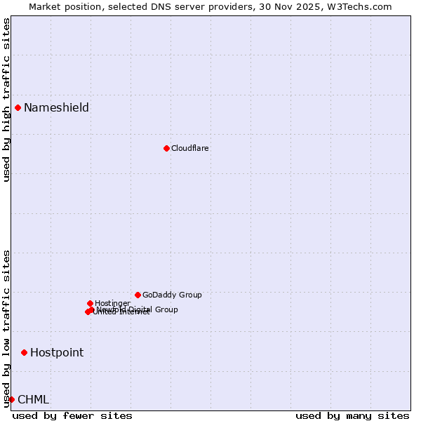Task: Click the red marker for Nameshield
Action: [x=18, y=107]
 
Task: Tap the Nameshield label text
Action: [x=56, y=107]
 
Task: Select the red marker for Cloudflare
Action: [x=166, y=148]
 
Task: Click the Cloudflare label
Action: [x=190, y=148]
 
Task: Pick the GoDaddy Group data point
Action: [x=138, y=295]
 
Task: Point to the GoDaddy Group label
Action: [x=172, y=295]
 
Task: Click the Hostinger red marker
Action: [x=90, y=303]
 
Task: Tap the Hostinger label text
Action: [x=112, y=303]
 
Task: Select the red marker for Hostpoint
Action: [x=24, y=352]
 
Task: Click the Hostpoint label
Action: [x=57, y=352]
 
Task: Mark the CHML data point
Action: [x=11, y=399]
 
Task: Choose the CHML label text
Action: [x=34, y=399]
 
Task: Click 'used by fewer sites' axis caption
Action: [x=72, y=415]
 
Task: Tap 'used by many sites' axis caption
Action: [x=352, y=415]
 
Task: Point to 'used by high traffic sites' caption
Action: [x=6, y=100]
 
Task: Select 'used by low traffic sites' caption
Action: [x=6, y=328]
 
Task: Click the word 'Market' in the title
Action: [x=45, y=6]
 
